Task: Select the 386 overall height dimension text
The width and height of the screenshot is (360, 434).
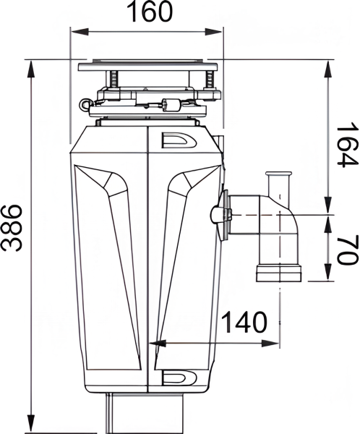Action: [12, 229]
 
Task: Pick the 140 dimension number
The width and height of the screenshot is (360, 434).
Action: [244, 323]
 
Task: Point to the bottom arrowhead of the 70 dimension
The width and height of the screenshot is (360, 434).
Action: [330, 278]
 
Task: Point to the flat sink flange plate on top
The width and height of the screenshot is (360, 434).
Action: [147, 66]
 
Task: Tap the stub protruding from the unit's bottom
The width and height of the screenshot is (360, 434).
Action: [110, 412]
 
